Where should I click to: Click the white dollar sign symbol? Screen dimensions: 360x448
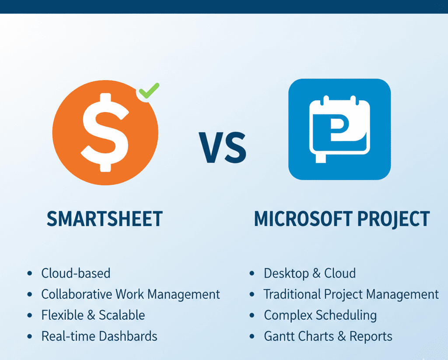click(x=105, y=131)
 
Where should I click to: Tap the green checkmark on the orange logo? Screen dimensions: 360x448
click(x=149, y=91)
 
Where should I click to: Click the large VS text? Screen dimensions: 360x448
click(x=223, y=146)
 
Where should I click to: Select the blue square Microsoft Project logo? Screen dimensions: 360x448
click(x=339, y=129)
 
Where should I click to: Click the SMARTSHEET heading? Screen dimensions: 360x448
click(x=105, y=219)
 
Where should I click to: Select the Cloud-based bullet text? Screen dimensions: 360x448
click(x=76, y=273)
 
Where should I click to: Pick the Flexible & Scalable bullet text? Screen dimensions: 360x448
click(x=93, y=315)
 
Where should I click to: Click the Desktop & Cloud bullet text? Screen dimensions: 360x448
click(x=309, y=273)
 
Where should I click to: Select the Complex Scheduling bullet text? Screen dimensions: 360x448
click(x=320, y=315)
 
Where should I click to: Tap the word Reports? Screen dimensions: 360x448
click(x=373, y=336)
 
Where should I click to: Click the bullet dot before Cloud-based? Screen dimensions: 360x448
click(x=29, y=273)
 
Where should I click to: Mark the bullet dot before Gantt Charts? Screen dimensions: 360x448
click(x=252, y=336)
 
